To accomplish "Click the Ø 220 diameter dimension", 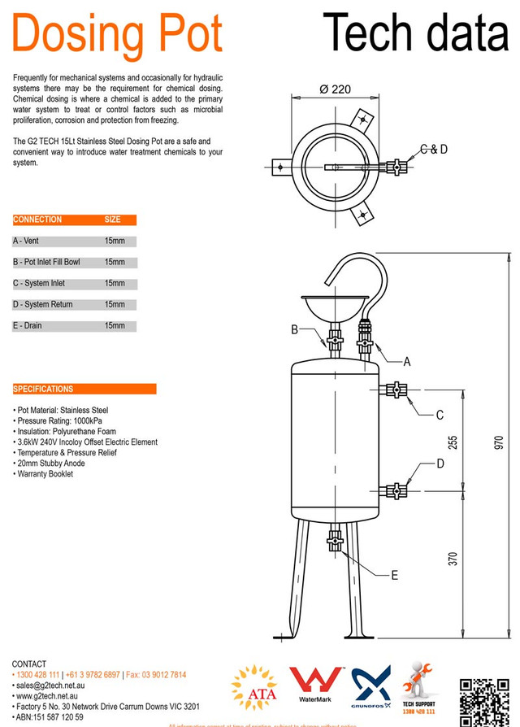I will click(335, 89).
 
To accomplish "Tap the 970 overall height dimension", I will click(499, 442).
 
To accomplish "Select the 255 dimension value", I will click(453, 442).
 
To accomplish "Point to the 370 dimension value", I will click(453, 559).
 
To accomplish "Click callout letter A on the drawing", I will click(407, 362).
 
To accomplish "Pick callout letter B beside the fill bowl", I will click(295, 329).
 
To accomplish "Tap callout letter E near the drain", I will click(394, 575).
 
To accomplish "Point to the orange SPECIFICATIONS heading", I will click(44, 389).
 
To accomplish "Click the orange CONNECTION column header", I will click(37, 220).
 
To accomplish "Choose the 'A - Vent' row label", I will click(26, 242).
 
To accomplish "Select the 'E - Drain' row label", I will click(28, 326).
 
